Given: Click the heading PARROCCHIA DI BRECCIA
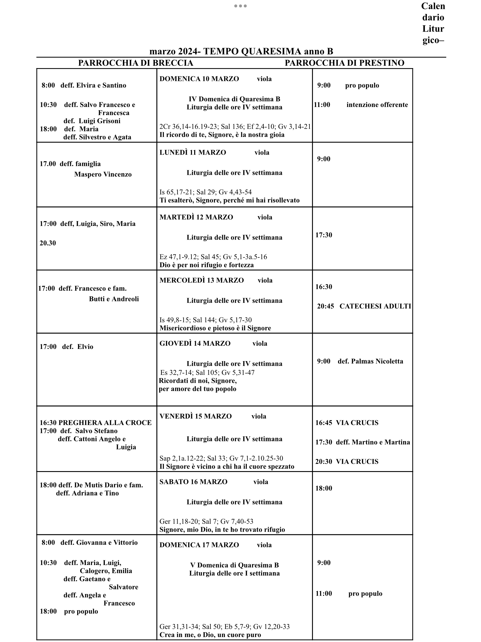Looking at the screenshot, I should [135, 63].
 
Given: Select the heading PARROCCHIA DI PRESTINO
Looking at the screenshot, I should [344, 63].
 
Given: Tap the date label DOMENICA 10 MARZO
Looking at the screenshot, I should [199, 79].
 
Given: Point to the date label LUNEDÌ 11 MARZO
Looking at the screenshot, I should [193, 152].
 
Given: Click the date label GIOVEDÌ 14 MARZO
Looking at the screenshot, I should [195, 343].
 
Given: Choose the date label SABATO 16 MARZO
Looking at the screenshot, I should [193, 482].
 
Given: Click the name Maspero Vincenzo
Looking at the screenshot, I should [103, 174].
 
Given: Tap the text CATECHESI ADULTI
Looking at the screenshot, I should [375, 306].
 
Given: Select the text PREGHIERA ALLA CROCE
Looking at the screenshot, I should [105, 423].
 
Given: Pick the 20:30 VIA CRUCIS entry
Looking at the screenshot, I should [347, 462].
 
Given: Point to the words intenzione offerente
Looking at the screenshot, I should [377, 105].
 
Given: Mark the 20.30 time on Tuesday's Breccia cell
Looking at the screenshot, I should [48, 243].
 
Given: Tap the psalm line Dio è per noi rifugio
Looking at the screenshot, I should [206, 265].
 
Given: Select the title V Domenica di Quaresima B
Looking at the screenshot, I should [234, 565].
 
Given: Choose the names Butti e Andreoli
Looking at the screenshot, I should [114, 299].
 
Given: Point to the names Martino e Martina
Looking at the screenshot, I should [381, 442].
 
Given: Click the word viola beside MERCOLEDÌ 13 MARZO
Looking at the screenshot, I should [265, 280].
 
